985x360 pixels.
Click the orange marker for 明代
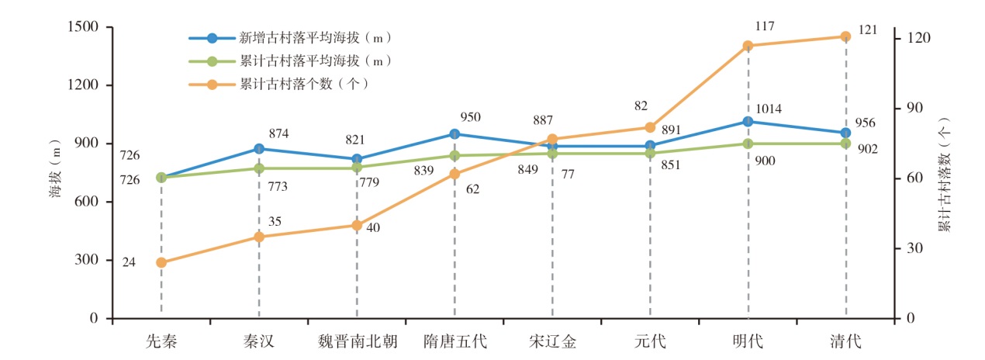[748, 46]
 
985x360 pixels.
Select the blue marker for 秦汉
[259, 148]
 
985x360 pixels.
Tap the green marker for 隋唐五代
[454, 155]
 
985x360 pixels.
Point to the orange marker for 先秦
[161, 262]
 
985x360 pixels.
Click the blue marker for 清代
[845, 133]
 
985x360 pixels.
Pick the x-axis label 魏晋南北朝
[357, 341]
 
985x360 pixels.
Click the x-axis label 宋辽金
[552, 341]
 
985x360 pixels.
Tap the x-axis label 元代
[650, 341]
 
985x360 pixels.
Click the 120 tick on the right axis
[918, 39]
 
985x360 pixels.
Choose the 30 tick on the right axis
[914, 248]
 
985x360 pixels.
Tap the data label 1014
[768, 109]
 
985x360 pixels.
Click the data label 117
[765, 26]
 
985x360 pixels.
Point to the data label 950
[470, 118]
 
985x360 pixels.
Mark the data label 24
[130, 262]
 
